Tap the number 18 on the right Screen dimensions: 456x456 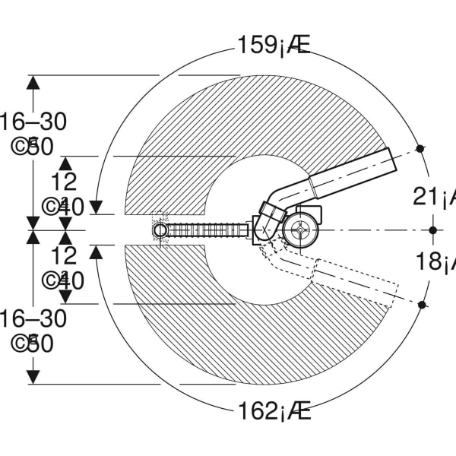tap(429, 262)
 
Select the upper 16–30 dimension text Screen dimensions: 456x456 tap(33, 121)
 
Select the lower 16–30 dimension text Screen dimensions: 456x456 tap(33, 318)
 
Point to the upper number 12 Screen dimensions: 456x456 tap(65, 181)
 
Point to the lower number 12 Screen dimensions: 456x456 tap(65, 255)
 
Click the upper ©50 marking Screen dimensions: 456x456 tap(33, 147)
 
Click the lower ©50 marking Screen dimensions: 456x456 tap(33, 344)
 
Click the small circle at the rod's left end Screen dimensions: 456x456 tap(160, 230)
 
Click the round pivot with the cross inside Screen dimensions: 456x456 tap(300, 229)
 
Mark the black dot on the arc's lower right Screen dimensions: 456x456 tap(422, 305)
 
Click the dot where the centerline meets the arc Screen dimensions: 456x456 tap(432, 230)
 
